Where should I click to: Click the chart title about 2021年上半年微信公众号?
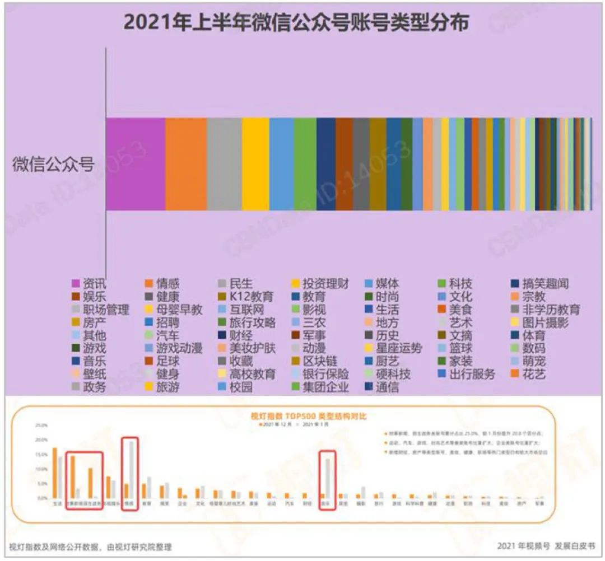point(295,23)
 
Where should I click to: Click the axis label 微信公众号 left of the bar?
point(53,165)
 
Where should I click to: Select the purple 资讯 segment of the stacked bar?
point(136,164)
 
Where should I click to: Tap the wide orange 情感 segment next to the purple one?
point(186,164)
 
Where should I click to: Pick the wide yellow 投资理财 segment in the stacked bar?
point(255,164)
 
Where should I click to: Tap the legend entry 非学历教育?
point(546,310)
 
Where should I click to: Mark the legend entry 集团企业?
point(325,387)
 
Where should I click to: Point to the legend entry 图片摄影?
point(543,322)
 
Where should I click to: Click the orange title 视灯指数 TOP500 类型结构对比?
point(309,417)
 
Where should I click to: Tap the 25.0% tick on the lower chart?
point(41,426)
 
